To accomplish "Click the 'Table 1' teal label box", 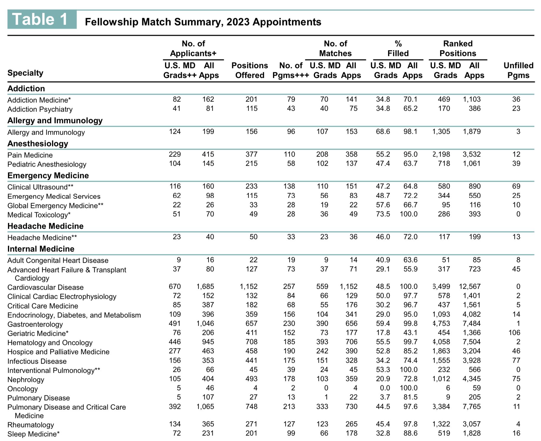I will [x=42, y=20].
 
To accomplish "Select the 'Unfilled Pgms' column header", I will [x=518, y=70].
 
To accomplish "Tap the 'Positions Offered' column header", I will [x=249, y=70].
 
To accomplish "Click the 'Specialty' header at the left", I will [x=25, y=73].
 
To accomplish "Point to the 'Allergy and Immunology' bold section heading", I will [x=55, y=120].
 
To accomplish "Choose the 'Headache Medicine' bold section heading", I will [x=45, y=226].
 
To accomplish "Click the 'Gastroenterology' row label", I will [x=35, y=324].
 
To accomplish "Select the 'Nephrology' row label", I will [x=26, y=379].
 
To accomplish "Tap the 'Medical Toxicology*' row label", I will [x=39, y=215].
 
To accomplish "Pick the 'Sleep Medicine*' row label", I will [x=33, y=434].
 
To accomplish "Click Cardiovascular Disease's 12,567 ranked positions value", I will [x=470, y=286].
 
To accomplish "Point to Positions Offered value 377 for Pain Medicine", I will [x=251, y=154].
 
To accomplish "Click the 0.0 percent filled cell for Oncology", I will [x=383, y=388].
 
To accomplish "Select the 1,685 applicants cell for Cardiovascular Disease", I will [x=205, y=286].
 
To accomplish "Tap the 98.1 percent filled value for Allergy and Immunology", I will [x=410, y=131].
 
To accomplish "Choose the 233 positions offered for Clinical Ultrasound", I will [x=251, y=186].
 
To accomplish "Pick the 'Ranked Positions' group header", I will [x=458, y=48].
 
